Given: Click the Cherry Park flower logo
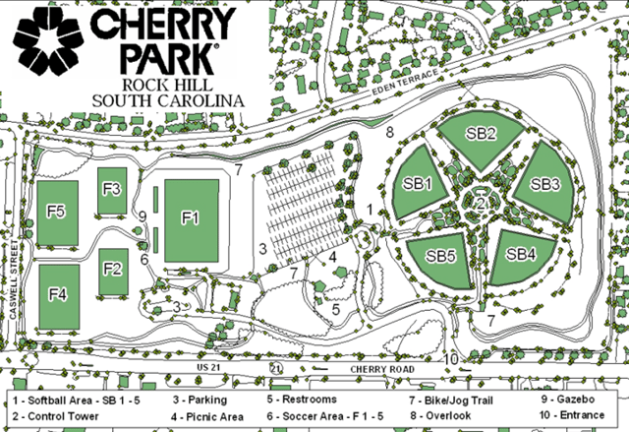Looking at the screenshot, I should pos(44,44).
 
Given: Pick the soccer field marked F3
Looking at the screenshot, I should pos(111,190).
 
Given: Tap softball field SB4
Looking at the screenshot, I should pos(521,254).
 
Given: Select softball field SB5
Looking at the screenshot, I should pos(440,256).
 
